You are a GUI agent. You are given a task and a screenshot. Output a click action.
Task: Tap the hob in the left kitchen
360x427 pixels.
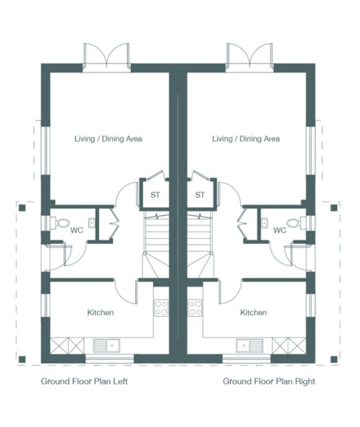coord(161,308)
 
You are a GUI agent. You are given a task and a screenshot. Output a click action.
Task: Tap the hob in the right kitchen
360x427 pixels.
coord(195,308)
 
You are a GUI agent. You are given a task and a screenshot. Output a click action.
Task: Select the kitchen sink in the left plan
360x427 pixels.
coord(106,346)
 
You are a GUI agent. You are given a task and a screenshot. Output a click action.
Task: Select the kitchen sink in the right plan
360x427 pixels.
coord(250,346)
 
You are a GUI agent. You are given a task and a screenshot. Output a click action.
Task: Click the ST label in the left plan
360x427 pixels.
coord(155,195)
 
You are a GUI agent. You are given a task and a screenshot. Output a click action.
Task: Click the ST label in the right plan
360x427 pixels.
coord(200,195)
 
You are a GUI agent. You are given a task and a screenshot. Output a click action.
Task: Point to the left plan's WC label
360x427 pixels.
coord(77,230)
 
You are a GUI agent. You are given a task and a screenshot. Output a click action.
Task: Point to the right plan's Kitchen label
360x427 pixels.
coord(254,312)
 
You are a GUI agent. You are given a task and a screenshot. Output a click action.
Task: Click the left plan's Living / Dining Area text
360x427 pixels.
coord(108,139)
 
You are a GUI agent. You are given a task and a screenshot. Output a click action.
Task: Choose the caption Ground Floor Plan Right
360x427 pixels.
coord(269,381)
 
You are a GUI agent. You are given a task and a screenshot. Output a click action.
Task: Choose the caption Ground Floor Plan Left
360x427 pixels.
coord(84,381)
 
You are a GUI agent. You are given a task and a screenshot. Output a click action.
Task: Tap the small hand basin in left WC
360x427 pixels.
coord(92,223)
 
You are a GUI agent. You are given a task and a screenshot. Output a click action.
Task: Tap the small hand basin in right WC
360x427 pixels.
coord(264,223)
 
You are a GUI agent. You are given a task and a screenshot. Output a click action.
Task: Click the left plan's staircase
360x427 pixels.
coord(156,245)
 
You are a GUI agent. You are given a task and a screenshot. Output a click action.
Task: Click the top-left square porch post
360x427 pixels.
coord(22,208)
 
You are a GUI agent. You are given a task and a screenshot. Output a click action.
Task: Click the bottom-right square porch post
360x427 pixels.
coord(334,359)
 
